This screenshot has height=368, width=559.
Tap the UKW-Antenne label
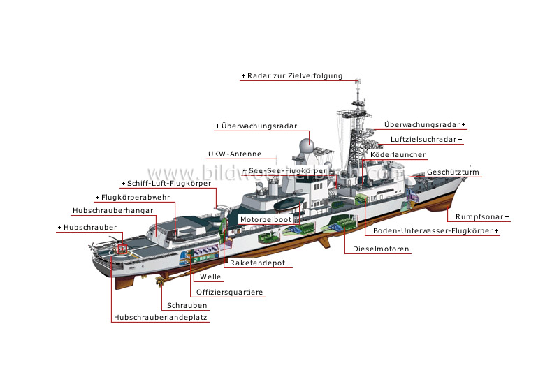(234, 154)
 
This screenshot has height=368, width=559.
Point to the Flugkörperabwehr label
(134, 198)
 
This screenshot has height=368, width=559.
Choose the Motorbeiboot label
(265, 219)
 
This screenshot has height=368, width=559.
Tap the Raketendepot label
(260, 264)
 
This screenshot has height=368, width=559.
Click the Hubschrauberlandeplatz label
(160, 318)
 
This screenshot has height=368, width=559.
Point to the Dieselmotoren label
(381, 249)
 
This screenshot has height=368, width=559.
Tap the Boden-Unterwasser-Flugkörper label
(435, 231)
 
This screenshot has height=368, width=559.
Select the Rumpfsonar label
(481, 217)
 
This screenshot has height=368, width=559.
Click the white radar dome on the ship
(305, 147)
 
